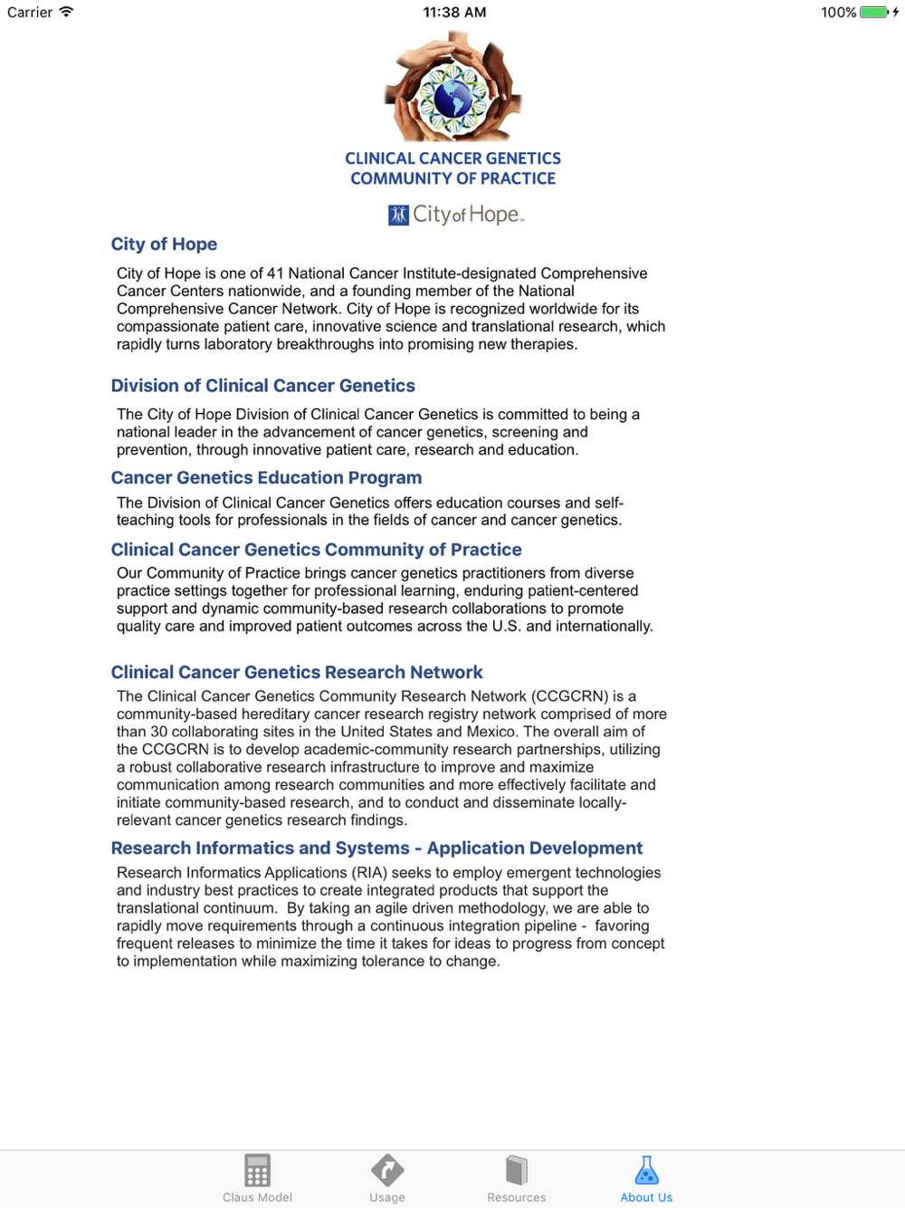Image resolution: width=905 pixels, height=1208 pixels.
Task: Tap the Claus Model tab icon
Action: [257, 1171]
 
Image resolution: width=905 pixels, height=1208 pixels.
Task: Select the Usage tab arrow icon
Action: [386, 1171]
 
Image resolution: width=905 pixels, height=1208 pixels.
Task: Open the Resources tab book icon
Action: [516, 1171]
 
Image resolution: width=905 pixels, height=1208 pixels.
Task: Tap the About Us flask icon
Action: [646, 1171]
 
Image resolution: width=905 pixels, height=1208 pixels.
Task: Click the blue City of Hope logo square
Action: [398, 216]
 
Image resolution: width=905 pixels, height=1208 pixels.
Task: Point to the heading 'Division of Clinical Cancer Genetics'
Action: [262, 386]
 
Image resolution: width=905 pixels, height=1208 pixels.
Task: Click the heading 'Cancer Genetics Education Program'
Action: [266, 478]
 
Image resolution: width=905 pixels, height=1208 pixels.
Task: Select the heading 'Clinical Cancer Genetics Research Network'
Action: [297, 673]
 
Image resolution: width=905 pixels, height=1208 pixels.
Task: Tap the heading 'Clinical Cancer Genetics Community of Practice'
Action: [316, 550]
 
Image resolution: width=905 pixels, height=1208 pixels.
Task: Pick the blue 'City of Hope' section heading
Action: [164, 244]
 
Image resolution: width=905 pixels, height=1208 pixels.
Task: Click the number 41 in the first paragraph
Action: [275, 273]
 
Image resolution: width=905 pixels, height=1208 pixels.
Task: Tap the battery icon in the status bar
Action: [873, 13]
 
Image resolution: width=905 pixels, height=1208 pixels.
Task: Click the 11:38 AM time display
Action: [454, 13]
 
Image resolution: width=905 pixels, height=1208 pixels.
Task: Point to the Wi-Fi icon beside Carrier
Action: [66, 13]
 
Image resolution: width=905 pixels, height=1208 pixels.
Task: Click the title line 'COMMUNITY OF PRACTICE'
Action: [452, 179]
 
